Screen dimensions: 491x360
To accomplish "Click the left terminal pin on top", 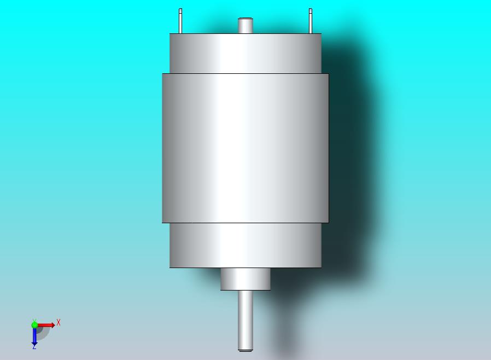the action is (180, 21).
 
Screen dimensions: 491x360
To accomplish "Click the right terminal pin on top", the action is (311, 21).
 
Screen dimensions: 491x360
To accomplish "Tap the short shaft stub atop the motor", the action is (245, 25).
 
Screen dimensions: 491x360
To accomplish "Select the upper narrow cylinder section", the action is (245, 53).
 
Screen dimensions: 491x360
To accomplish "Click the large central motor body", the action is (245, 148).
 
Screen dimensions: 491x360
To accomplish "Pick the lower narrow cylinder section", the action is (245, 245).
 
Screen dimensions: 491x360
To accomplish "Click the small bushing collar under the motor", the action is (245, 279).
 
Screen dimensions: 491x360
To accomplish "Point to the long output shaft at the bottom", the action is (245, 321).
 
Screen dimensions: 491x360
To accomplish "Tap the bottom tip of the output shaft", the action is (245, 351).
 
